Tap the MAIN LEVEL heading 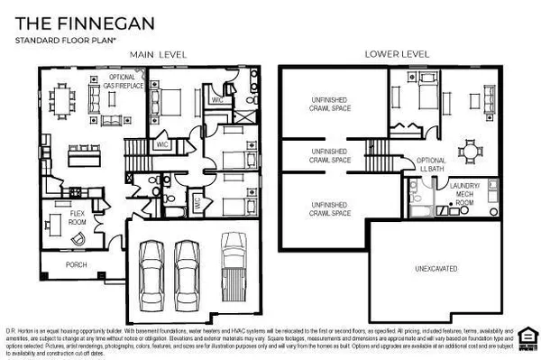tap(159, 55)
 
